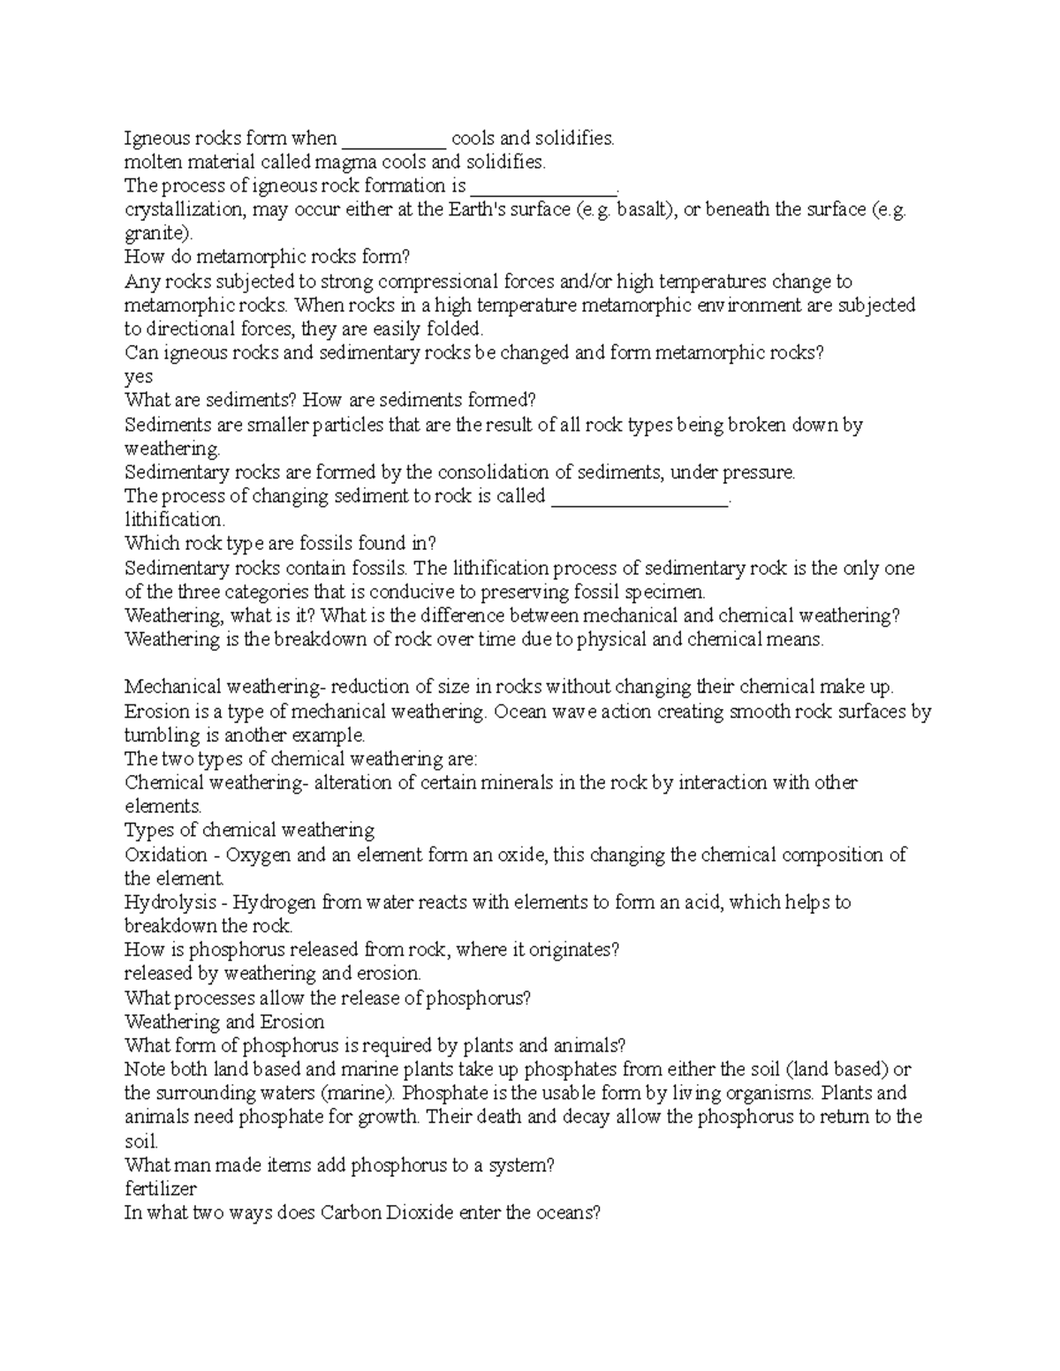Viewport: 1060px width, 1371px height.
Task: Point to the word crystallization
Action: tap(184, 210)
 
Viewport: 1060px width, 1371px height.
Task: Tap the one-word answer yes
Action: tap(139, 377)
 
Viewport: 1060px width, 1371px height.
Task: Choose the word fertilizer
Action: tap(160, 1188)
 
